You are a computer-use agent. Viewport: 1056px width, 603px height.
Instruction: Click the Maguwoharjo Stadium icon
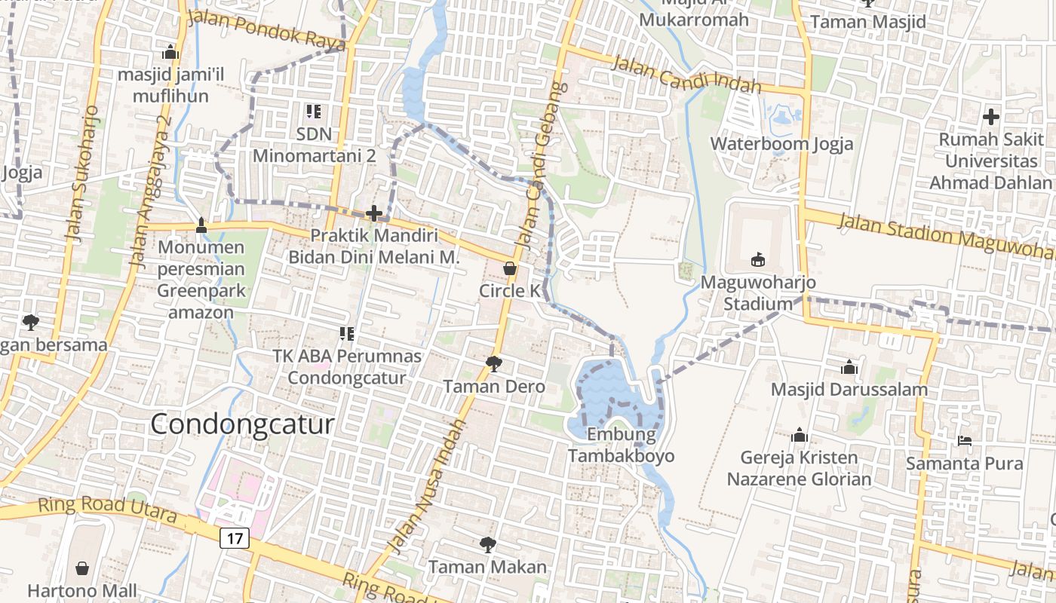pyautogui.click(x=758, y=260)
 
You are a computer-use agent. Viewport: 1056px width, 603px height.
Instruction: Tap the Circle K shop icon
pyautogui.click(x=510, y=268)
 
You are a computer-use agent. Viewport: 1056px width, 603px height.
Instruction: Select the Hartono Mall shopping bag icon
pyautogui.click(x=82, y=568)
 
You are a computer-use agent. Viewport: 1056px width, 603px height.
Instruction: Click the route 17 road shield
pyautogui.click(x=235, y=538)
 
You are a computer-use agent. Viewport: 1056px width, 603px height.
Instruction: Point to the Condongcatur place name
pyautogui.click(x=242, y=424)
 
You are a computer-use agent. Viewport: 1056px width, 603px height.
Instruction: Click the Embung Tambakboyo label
pyautogui.click(x=621, y=445)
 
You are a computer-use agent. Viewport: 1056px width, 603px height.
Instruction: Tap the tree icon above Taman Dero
pyautogui.click(x=494, y=364)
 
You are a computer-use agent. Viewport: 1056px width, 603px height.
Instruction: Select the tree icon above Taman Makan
pyautogui.click(x=488, y=543)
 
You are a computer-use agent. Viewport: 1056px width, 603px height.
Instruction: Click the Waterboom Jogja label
pyautogui.click(x=781, y=144)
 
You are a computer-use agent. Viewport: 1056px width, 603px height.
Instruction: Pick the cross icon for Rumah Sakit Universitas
pyautogui.click(x=990, y=117)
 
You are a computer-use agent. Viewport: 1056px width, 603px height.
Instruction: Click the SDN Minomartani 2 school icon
pyautogui.click(x=314, y=112)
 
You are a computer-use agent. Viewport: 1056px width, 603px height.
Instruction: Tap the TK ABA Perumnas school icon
pyautogui.click(x=347, y=332)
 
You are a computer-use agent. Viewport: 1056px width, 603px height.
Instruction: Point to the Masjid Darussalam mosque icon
pyautogui.click(x=849, y=367)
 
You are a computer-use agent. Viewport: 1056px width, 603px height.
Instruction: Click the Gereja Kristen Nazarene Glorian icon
pyautogui.click(x=800, y=435)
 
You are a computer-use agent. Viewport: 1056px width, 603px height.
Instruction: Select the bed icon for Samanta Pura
pyautogui.click(x=965, y=440)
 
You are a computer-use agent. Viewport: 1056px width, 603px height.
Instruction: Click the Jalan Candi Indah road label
pyautogui.click(x=686, y=74)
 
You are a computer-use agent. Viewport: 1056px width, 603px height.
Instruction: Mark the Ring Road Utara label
pyautogui.click(x=107, y=510)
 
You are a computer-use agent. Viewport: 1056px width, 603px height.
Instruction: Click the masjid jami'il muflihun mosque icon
pyautogui.click(x=170, y=52)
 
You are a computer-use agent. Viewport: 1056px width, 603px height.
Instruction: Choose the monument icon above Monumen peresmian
pyautogui.click(x=201, y=225)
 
